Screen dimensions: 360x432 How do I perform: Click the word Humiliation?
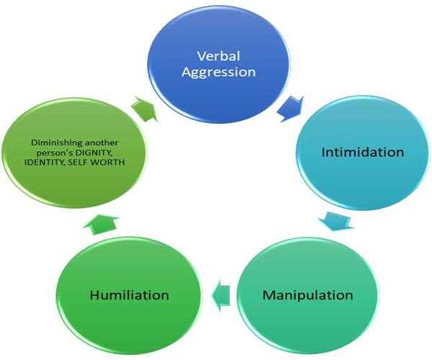tap(129, 295)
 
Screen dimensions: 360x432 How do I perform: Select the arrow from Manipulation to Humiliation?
tap(222, 293)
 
